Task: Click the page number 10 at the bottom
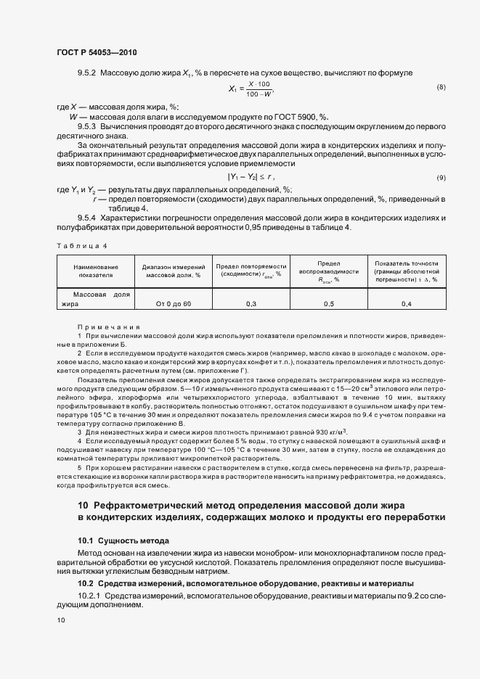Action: click(x=61, y=620)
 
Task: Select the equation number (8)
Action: click(x=440, y=88)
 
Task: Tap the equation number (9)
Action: click(x=440, y=178)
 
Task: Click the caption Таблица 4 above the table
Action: click(x=81, y=246)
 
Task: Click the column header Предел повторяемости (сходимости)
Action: click(x=251, y=270)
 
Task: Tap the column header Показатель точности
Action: click(x=406, y=270)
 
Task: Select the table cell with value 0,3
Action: click(x=251, y=303)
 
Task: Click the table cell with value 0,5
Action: click(x=328, y=303)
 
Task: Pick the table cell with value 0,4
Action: click(x=406, y=303)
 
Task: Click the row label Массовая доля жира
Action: click(x=95, y=299)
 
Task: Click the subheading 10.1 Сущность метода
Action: click(x=123, y=540)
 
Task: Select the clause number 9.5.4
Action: click(x=87, y=218)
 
